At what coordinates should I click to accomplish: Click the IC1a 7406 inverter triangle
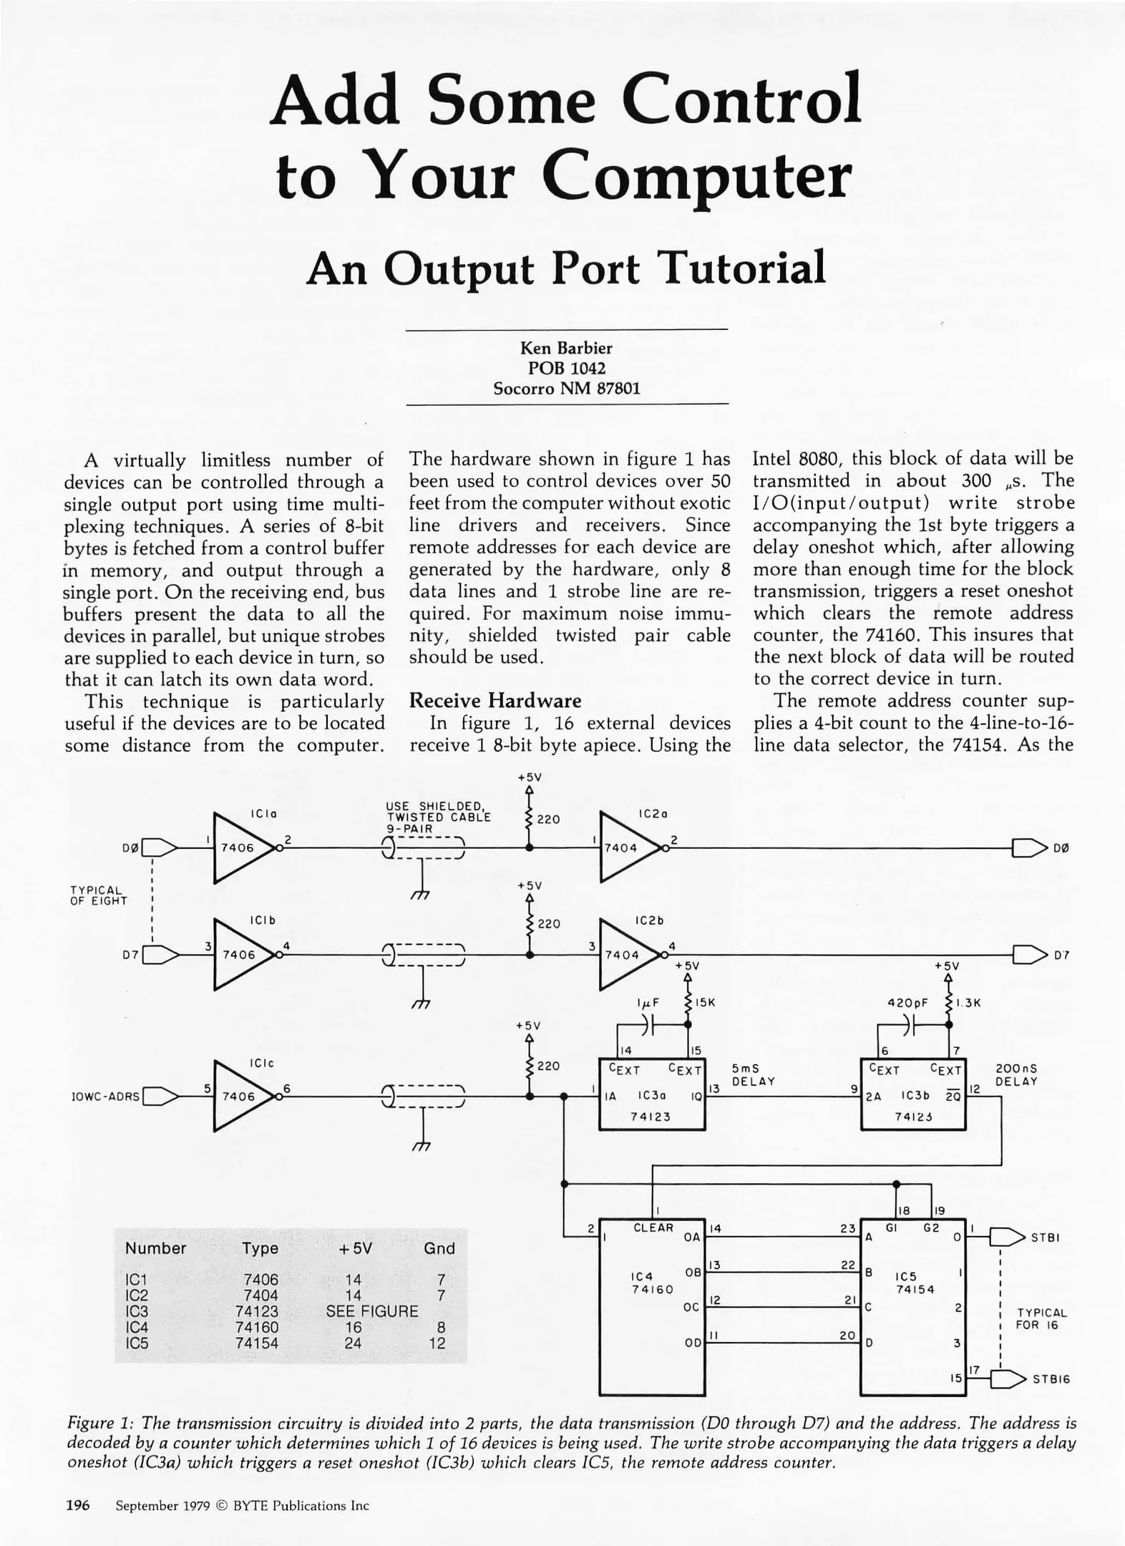(x=240, y=847)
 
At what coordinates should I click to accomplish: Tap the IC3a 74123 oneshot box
(x=651, y=1094)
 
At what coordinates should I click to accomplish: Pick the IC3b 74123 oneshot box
(x=912, y=1094)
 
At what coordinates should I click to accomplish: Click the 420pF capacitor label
(x=907, y=1003)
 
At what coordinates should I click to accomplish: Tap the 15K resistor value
(x=706, y=1003)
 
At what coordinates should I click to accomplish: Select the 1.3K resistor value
(x=968, y=1003)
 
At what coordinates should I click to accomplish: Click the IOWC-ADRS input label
(x=106, y=1096)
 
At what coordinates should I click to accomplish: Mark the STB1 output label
(x=1045, y=1238)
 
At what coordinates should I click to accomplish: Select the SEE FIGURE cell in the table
(x=371, y=1311)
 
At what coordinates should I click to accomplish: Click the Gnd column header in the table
(x=439, y=1248)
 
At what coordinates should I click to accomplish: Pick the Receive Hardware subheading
(x=495, y=700)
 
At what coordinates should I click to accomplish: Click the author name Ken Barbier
(x=566, y=348)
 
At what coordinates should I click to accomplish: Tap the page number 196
(x=77, y=1505)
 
